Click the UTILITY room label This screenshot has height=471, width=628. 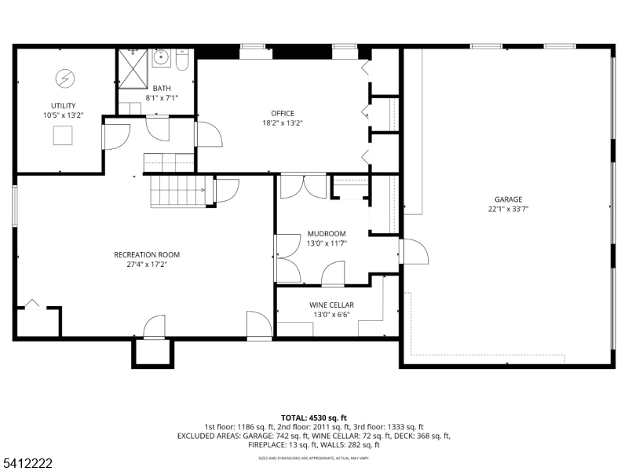point(64,105)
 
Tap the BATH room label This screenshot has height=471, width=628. point(162,88)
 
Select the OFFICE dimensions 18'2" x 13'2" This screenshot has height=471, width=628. point(283,122)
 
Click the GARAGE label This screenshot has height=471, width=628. point(508,199)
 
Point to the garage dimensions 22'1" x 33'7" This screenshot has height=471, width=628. point(508,209)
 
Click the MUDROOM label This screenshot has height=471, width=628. point(327,234)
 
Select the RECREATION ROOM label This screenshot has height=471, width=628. point(147,254)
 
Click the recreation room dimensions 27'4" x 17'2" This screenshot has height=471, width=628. point(147,265)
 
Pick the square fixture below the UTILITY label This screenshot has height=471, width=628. point(63,136)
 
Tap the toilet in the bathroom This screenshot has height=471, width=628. point(182,60)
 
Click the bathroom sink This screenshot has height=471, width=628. point(161,57)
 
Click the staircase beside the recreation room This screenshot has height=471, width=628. point(179,191)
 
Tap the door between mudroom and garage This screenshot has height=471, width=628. point(412,253)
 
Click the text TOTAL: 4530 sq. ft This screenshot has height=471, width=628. point(314,418)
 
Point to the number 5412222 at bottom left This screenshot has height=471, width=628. point(27,464)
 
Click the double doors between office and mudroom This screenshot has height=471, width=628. point(303,186)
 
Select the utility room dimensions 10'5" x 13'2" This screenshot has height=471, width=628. point(64,115)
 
